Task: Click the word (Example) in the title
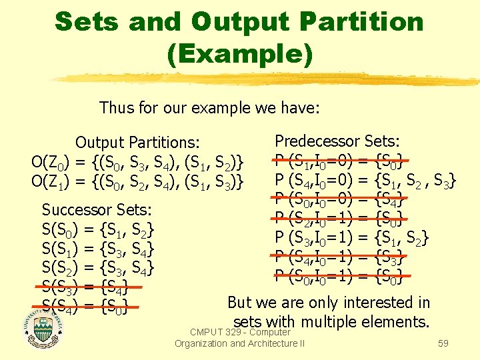[240, 53]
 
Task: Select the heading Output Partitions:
[137, 143]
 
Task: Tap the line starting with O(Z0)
[137, 162]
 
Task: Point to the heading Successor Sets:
[97, 210]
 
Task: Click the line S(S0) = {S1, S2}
[98, 231]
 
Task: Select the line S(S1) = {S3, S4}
[98, 250]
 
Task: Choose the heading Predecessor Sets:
[337, 141]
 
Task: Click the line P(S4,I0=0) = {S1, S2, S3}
[365, 180]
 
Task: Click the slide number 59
[443, 344]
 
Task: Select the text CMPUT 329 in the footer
[215, 332]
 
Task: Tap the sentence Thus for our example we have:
[209, 107]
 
